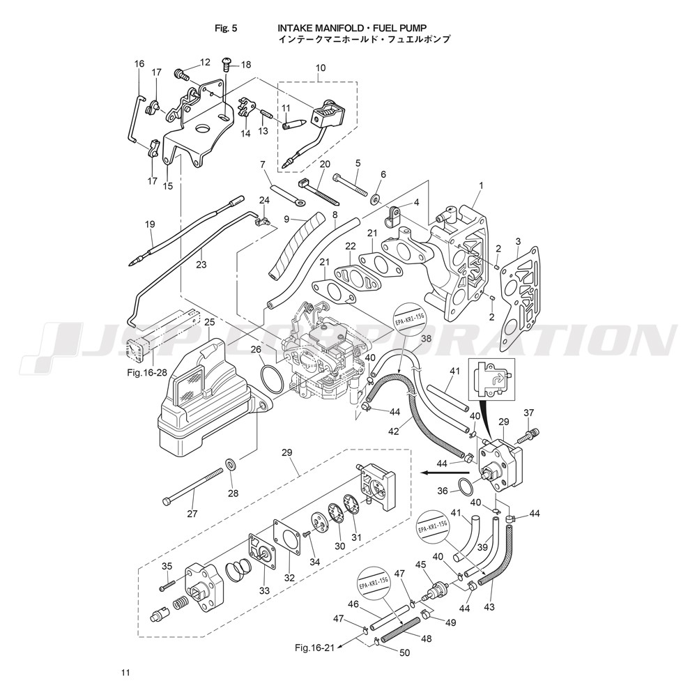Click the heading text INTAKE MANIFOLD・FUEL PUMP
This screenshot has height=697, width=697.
tap(347, 29)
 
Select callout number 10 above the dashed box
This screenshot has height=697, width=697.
tap(321, 68)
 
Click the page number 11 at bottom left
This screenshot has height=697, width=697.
tap(125, 673)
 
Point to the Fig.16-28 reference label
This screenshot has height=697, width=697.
tap(147, 373)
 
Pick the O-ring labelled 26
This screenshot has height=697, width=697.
tap(270, 377)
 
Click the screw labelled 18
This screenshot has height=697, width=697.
tap(227, 64)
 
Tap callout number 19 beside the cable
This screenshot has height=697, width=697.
tap(149, 224)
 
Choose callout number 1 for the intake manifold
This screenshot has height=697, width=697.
tap(480, 185)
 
